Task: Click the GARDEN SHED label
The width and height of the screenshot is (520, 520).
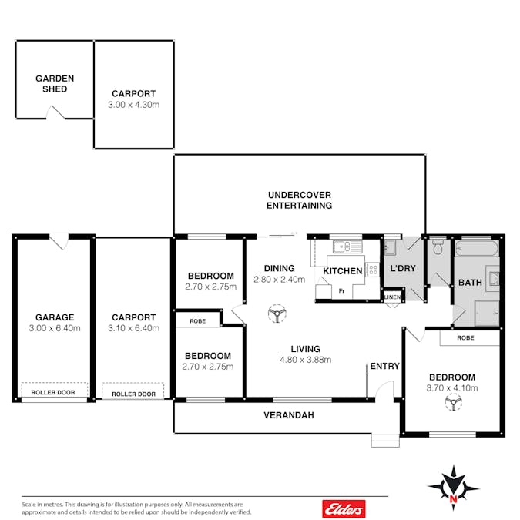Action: pyautogui.click(x=55, y=83)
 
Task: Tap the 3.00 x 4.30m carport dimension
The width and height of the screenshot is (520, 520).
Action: pyautogui.click(x=133, y=105)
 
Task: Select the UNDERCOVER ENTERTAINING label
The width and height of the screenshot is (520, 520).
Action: pyautogui.click(x=299, y=200)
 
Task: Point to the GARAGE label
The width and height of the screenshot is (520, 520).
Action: pyautogui.click(x=55, y=317)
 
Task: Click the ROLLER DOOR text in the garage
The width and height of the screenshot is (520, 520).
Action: pyautogui.click(x=53, y=392)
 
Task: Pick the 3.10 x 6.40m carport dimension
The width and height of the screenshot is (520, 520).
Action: pyautogui.click(x=133, y=328)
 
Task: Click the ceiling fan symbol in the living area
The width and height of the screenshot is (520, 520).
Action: pyautogui.click(x=277, y=314)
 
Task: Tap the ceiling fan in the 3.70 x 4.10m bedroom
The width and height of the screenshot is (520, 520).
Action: pyautogui.click(x=453, y=402)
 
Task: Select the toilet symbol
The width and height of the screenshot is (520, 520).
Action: pyautogui.click(x=438, y=247)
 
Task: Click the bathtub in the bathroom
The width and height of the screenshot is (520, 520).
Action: pyautogui.click(x=477, y=248)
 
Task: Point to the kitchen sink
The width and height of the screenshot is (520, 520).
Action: pyautogui.click(x=347, y=247)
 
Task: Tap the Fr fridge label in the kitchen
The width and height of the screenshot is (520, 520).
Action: pyautogui.click(x=341, y=291)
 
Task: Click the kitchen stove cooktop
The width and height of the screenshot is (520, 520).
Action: pyautogui.click(x=373, y=270)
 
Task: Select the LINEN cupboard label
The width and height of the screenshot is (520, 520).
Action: pyautogui.click(x=392, y=297)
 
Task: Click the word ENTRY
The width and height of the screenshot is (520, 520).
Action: pyautogui.click(x=384, y=366)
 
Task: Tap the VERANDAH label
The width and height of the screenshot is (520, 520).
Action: pyautogui.click(x=289, y=415)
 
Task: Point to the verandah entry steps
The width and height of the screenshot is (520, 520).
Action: pyautogui.click(x=385, y=441)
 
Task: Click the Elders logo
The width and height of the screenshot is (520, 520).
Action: pyautogui.click(x=344, y=508)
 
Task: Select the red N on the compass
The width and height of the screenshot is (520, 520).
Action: pyautogui.click(x=453, y=498)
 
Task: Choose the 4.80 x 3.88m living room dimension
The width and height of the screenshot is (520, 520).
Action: pyautogui.click(x=305, y=360)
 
